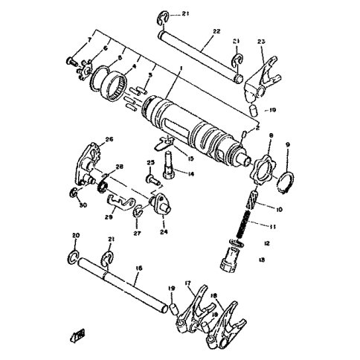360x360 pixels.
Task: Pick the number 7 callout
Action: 89,38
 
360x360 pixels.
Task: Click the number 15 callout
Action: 170,158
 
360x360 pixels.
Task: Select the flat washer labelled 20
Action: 74,257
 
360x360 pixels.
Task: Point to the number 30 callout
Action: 83,205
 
